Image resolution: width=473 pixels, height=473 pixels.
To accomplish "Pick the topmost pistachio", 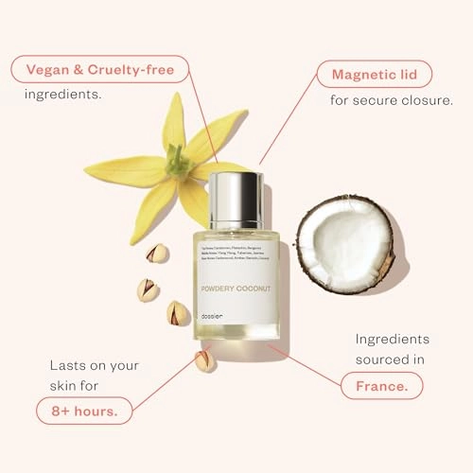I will (x=157, y=254).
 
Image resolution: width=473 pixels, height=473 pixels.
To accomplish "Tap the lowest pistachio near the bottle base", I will (x=204, y=359).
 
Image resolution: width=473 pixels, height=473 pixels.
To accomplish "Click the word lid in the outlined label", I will (x=412, y=73).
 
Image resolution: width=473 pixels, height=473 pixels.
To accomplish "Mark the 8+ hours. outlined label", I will (x=85, y=412).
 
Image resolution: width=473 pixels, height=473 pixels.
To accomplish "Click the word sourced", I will (x=385, y=360).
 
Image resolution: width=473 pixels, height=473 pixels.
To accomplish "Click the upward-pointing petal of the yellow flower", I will (x=173, y=121).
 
